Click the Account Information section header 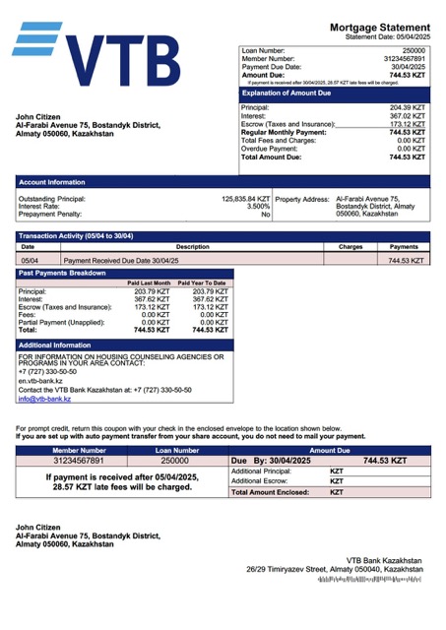pos(52,182)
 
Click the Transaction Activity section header pos(77,236)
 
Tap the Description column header pos(192,247)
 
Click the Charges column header pos(350,247)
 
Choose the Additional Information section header pos(55,346)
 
